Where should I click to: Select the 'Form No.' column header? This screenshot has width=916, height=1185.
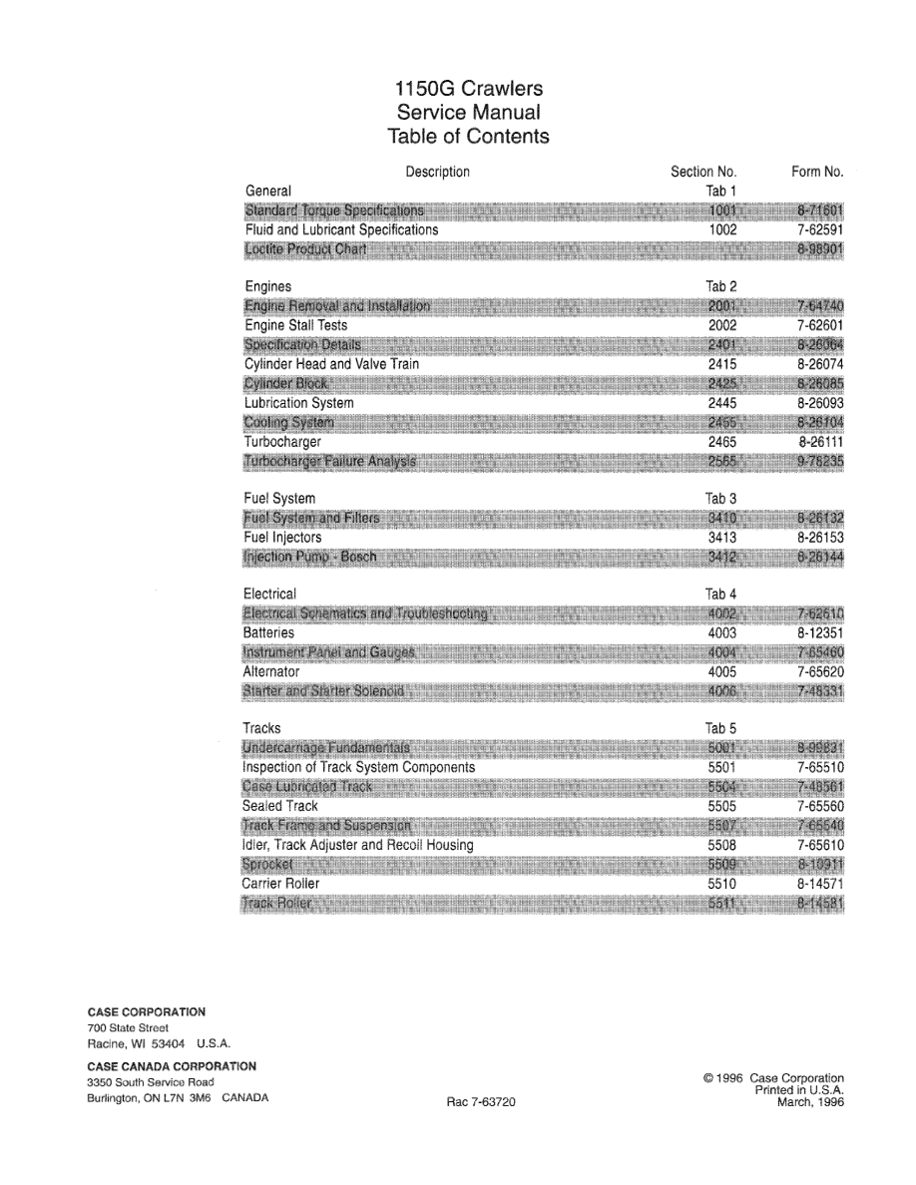(x=817, y=173)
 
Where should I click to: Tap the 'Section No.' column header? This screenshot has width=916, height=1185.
(x=703, y=173)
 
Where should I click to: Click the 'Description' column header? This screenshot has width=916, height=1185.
(x=437, y=173)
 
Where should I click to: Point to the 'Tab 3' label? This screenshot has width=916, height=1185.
(x=720, y=498)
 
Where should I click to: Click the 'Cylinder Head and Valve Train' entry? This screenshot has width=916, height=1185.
(x=331, y=365)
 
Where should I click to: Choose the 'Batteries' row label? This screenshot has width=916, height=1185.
(x=268, y=632)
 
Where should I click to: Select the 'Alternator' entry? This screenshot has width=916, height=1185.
(x=271, y=672)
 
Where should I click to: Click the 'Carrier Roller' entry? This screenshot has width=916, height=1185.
(x=281, y=884)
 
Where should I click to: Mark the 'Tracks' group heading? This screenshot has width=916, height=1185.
(x=262, y=728)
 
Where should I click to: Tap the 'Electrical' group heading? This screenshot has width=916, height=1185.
(x=269, y=594)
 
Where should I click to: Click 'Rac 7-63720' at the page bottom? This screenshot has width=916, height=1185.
(x=482, y=1103)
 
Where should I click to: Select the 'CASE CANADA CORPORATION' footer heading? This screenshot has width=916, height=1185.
(x=172, y=1066)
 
